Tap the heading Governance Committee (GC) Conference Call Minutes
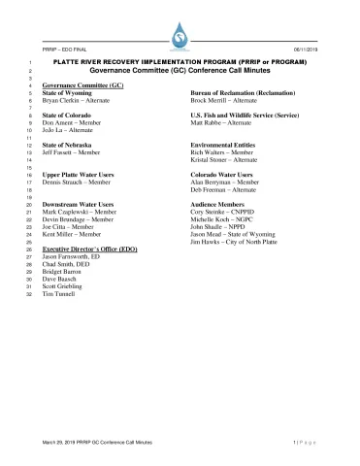[x=180, y=71]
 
